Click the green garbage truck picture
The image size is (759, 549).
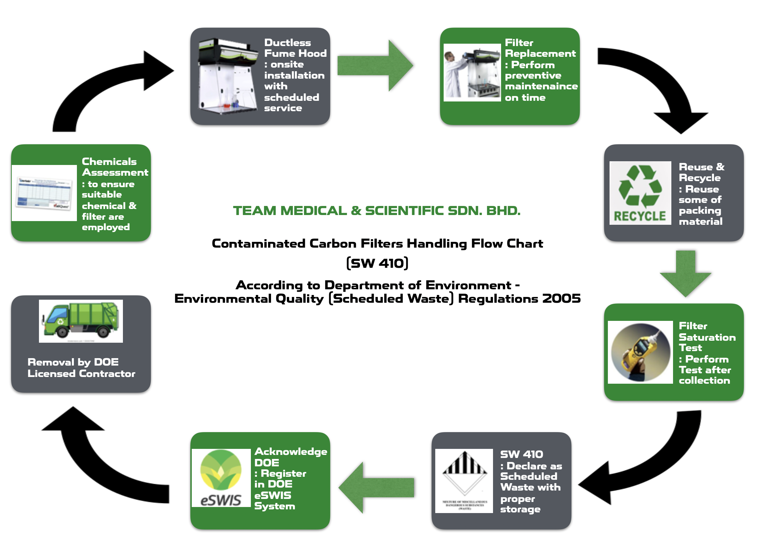[x=81, y=321]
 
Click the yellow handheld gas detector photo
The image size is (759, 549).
[x=640, y=352]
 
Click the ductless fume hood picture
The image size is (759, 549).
[x=228, y=77]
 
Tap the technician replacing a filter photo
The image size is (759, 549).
[x=472, y=73]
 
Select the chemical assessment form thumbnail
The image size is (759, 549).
[x=44, y=193]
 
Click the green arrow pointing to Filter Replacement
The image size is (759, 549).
[x=374, y=66]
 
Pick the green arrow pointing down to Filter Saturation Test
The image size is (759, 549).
[x=685, y=274]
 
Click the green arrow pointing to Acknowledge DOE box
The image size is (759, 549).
[x=376, y=488]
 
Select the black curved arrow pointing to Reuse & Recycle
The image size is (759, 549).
[x=658, y=84]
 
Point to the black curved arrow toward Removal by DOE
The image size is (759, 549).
[x=101, y=464]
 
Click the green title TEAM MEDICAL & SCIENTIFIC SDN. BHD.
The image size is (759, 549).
[x=376, y=211]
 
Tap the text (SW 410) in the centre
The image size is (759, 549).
[x=377, y=263]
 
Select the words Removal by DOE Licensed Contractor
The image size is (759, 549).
[x=81, y=368]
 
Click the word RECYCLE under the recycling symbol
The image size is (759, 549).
[x=640, y=216]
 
